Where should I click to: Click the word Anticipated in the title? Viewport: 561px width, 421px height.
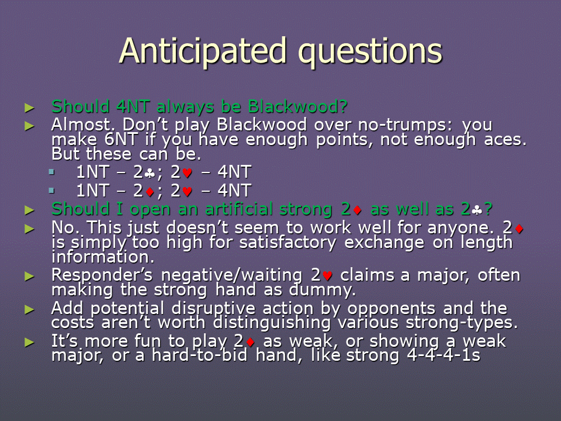[x=203, y=51]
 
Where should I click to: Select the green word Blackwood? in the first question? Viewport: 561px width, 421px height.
[x=298, y=106]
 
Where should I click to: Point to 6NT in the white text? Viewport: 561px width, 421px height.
[x=121, y=140]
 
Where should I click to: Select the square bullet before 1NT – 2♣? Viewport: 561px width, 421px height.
[x=52, y=172]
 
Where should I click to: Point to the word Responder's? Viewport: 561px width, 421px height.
[x=102, y=275]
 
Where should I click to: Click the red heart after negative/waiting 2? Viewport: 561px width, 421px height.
[x=327, y=276]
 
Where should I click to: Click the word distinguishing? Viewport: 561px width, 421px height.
[x=272, y=323]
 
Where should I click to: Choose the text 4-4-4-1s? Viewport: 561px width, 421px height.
[x=444, y=356]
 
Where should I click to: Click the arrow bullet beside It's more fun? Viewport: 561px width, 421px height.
[x=29, y=343]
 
